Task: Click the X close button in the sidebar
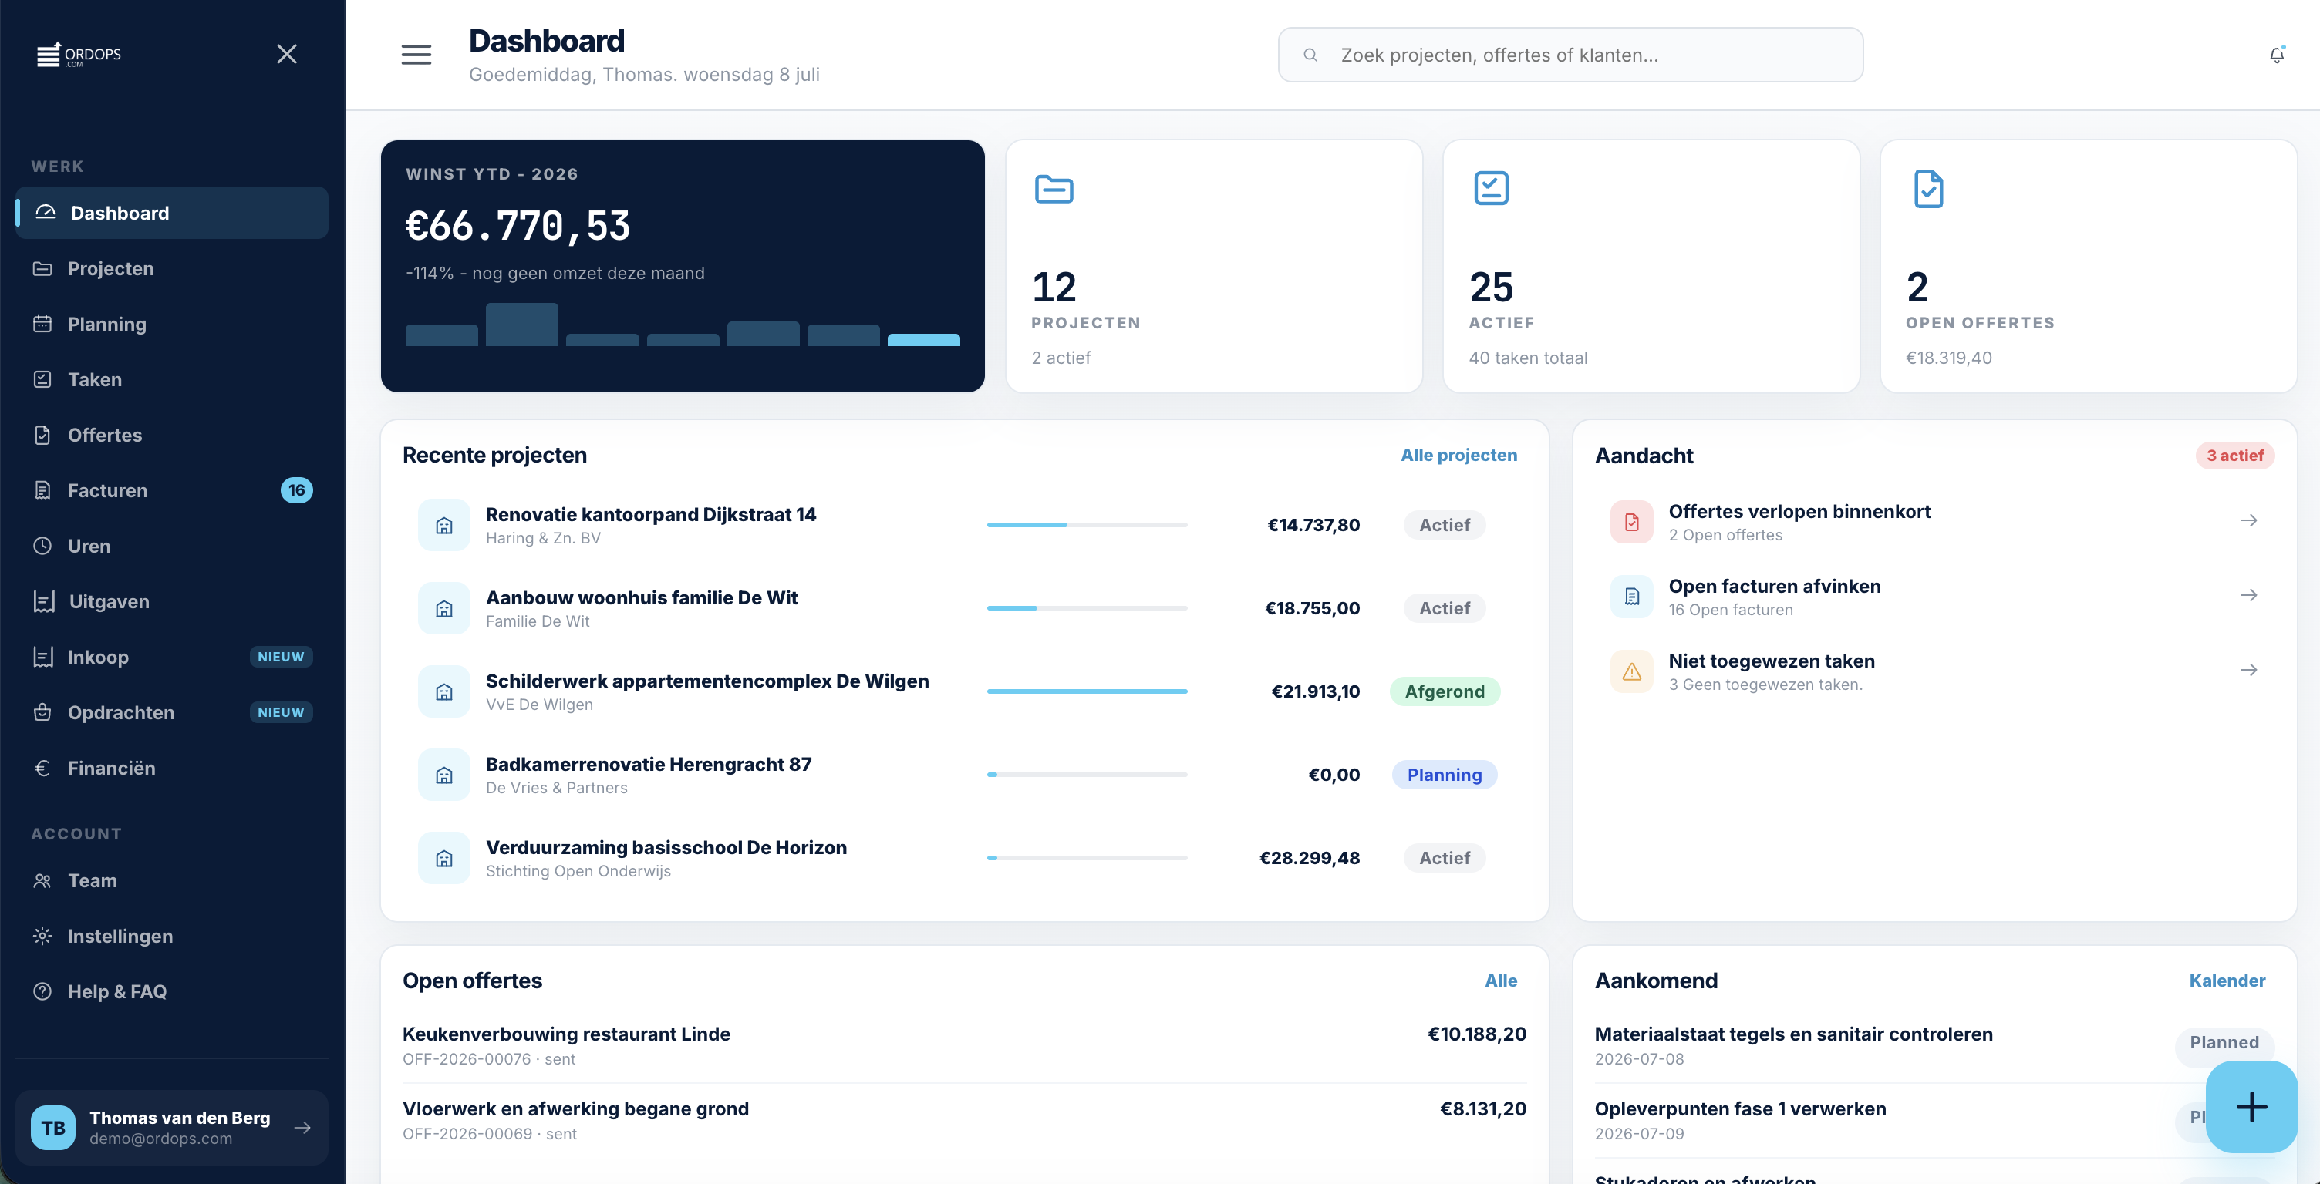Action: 286,54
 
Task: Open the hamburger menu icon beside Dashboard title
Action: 416,55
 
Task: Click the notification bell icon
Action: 2277,55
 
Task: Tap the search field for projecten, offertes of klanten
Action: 1570,55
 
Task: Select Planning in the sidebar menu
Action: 106,325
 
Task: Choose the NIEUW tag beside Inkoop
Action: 281,658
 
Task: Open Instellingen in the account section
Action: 120,937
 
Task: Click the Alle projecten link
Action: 1459,456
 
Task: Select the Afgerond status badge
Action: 1445,691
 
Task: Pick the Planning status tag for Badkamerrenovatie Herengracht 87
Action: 1445,775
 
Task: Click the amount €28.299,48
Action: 1310,858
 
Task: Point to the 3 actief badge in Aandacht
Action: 2234,456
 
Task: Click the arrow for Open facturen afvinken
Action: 2249,595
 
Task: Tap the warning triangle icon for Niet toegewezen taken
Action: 1632,671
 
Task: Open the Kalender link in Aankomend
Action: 2227,981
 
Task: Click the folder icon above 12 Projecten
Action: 1054,189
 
